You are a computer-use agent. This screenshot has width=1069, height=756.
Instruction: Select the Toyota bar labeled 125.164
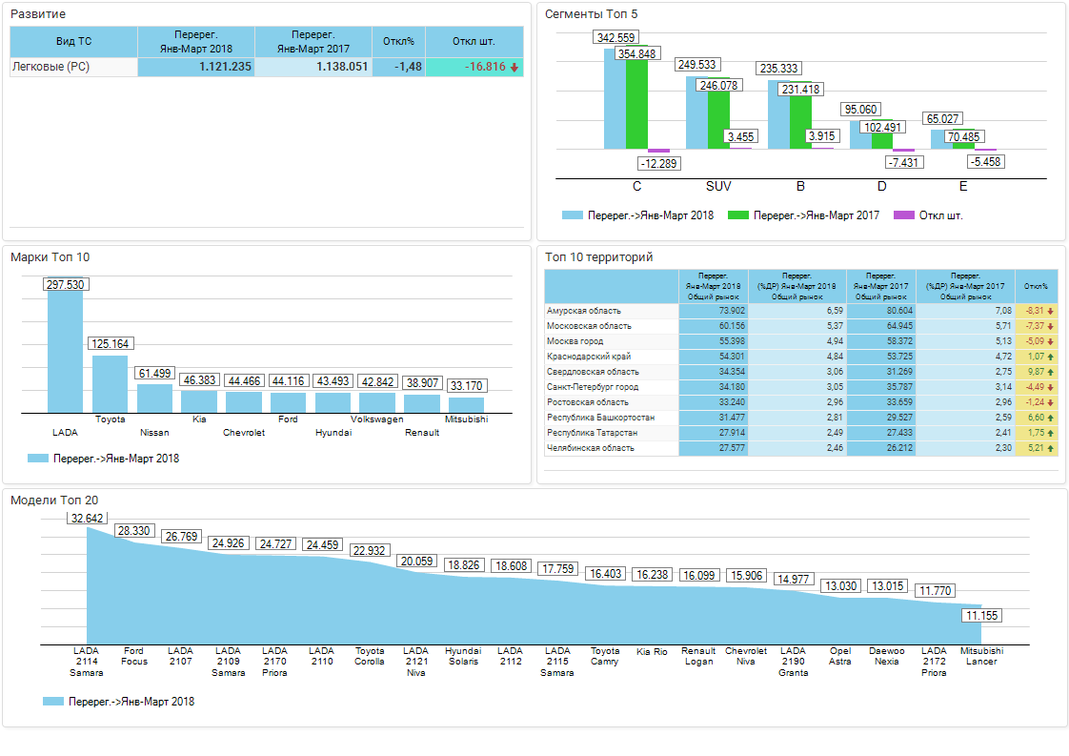coord(110,383)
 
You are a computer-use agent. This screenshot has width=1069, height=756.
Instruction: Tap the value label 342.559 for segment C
coord(615,37)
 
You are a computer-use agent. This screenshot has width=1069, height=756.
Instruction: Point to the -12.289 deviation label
coord(658,163)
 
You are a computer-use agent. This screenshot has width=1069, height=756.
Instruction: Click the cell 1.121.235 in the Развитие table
coord(196,67)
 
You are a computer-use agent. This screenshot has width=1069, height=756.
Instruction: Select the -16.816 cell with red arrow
coord(474,67)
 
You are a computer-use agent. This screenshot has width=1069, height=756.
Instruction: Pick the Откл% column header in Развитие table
coord(398,41)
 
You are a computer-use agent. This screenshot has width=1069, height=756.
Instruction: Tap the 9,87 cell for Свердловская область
coord(1036,372)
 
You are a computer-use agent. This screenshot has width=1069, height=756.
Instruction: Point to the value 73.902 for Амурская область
coord(714,311)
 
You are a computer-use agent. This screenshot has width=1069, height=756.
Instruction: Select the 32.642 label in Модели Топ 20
coord(88,519)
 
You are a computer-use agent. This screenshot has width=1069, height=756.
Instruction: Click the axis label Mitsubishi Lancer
coord(980,656)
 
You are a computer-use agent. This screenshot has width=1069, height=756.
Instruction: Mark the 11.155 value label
coord(982,616)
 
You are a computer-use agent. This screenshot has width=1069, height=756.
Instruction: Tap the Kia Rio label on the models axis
coord(652,652)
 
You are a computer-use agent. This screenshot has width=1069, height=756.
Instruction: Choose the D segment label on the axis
coord(881,186)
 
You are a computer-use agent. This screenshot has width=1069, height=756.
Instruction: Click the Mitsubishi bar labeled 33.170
coord(467,404)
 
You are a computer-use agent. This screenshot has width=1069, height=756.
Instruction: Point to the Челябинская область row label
coord(590,448)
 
